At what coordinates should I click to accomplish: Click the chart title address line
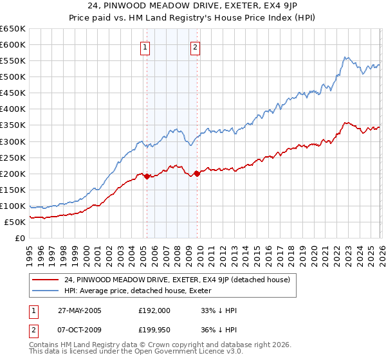(193, 7)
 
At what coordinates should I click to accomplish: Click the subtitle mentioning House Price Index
(193, 19)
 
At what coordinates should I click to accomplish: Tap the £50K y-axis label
(15, 222)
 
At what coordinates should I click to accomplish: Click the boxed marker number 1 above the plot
(145, 46)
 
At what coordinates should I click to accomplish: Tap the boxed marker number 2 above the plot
(195, 46)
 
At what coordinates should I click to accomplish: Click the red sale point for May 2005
(147, 176)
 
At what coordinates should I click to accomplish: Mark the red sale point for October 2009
(197, 174)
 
